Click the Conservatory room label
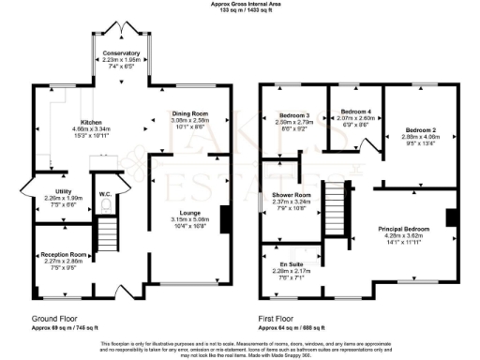click(122, 53)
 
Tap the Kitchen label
click(91, 123)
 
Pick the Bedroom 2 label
click(421, 128)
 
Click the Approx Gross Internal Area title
click(240, 5)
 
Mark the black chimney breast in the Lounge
click(223, 218)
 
